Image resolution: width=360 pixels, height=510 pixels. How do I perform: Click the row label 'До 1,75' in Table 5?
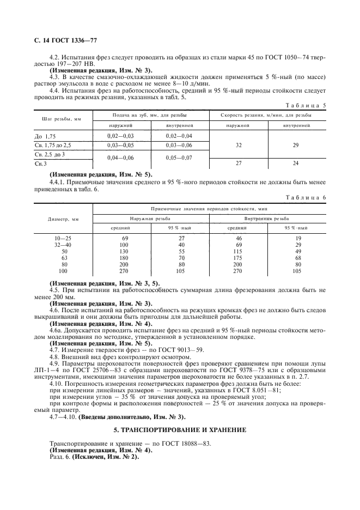coord(45,136)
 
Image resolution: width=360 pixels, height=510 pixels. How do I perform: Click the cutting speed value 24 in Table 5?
coord(296,163)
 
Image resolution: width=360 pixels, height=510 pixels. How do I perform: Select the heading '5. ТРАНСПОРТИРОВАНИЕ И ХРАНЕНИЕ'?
coord(180,430)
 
